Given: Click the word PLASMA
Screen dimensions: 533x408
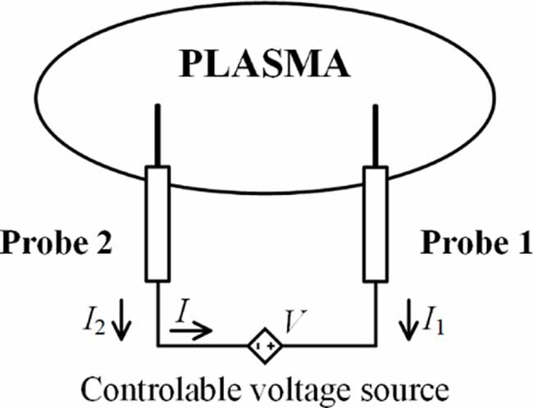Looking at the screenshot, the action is [265, 65].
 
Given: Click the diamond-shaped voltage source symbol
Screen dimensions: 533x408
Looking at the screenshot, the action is [265, 346].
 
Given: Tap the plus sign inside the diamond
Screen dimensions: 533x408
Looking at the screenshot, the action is [271, 347].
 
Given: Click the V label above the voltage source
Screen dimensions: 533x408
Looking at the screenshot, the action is [296, 320].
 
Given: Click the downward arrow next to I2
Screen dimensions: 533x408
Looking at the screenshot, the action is [121, 320].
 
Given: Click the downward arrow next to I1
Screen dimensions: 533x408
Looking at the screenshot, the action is [408, 320].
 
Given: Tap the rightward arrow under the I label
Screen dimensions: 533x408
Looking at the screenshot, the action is [191, 330].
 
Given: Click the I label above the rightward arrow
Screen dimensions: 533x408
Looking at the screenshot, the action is [183, 310].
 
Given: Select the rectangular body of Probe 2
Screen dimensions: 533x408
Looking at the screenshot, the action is [157, 224].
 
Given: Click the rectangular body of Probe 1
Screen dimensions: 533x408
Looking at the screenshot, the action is [376, 224].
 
